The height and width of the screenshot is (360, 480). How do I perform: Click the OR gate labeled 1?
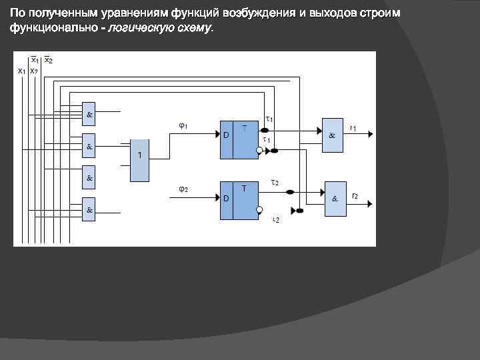tap(139, 160)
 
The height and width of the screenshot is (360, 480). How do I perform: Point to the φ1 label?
tap(183, 125)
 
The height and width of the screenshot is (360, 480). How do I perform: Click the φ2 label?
tap(183, 189)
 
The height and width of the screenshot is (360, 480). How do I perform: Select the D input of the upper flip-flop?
tap(226, 135)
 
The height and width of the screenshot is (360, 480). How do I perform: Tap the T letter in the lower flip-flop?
tap(244, 188)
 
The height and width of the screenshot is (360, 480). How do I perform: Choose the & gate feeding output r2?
tap(335, 198)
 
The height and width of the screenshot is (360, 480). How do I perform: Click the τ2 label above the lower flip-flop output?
tap(274, 183)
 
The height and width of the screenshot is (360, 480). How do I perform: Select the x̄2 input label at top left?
tap(49, 60)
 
